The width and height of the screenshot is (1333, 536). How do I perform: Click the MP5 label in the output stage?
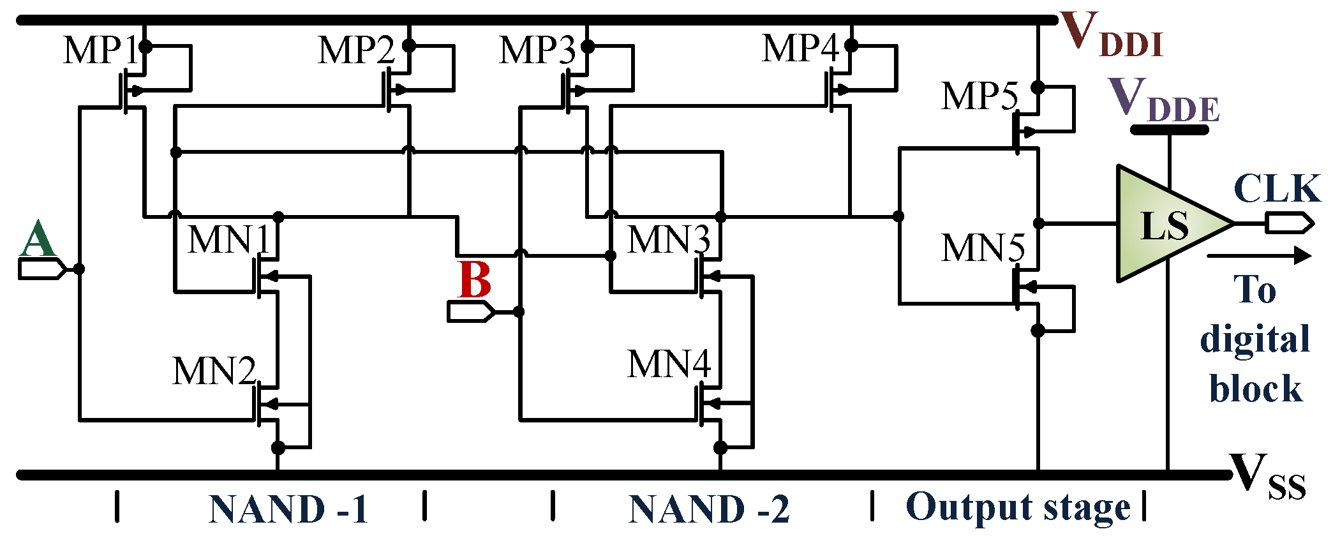coord(980,96)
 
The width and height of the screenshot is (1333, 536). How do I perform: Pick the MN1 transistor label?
coord(229,240)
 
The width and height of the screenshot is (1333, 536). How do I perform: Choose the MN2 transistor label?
coord(214,371)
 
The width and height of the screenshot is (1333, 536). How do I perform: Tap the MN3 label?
coord(668,240)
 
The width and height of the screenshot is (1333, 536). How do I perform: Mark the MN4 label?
coord(668,364)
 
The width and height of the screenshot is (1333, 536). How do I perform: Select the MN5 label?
coord(983,248)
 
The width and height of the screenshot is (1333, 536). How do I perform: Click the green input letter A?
coord(38,239)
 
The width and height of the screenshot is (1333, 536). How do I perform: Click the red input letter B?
coord(475,281)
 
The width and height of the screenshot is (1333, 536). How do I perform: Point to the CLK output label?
coord(1277,189)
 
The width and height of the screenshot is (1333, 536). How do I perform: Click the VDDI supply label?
coord(1110,36)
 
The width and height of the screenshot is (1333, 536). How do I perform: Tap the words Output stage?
coord(1017,508)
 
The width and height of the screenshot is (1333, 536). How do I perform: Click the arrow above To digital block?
coord(1257,257)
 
